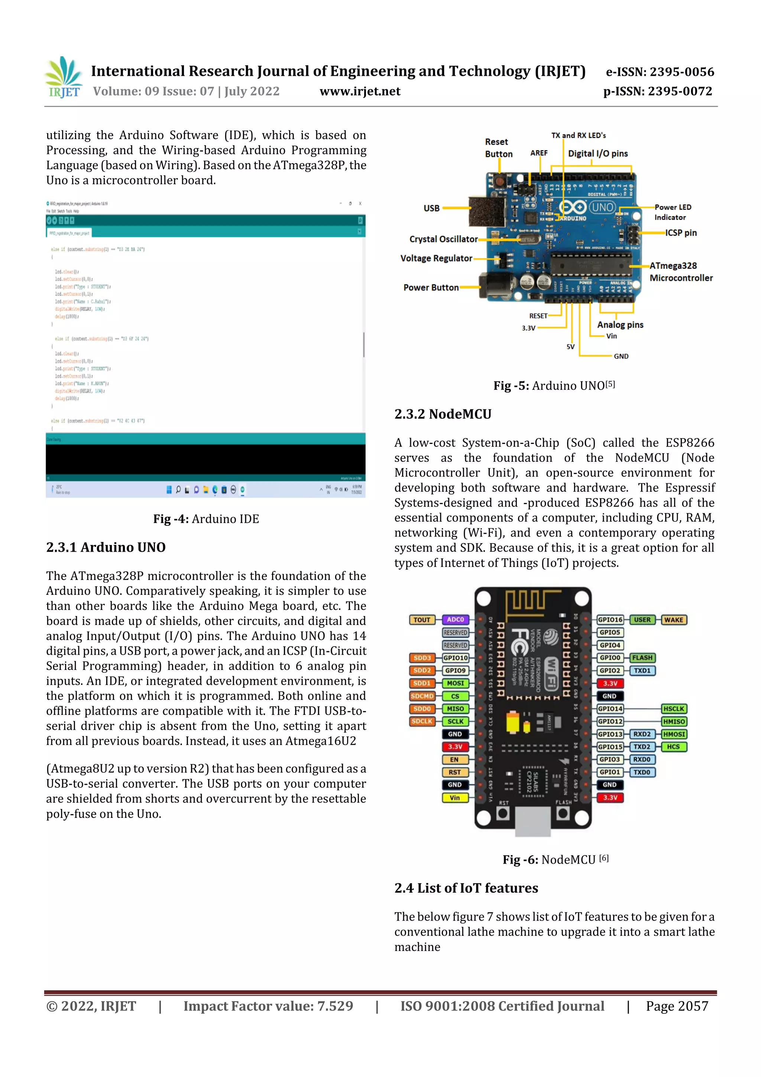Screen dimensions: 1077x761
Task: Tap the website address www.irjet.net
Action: click(360, 91)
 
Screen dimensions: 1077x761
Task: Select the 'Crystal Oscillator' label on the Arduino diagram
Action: click(443, 239)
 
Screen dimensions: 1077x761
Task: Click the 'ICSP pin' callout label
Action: click(680, 233)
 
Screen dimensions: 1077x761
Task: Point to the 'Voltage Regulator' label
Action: click(436, 258)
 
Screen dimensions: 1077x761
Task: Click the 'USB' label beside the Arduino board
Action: click(431, 208)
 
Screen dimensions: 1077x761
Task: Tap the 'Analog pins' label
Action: click(620, 325)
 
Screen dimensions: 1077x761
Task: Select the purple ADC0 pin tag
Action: click(455, 620)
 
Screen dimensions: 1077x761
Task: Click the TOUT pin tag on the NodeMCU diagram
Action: click(421, 620)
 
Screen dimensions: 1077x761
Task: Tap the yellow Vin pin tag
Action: click(455, 797)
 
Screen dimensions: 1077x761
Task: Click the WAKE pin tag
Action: click(673, 620)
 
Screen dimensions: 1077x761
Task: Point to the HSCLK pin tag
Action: click(673, 709)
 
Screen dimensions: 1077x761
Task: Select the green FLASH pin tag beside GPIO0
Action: click(642, 658)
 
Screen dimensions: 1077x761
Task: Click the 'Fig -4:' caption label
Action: click(171, 519)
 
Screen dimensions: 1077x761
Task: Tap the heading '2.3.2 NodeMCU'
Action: click(443, 414)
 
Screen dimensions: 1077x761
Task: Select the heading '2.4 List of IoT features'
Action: click(466, 888)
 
